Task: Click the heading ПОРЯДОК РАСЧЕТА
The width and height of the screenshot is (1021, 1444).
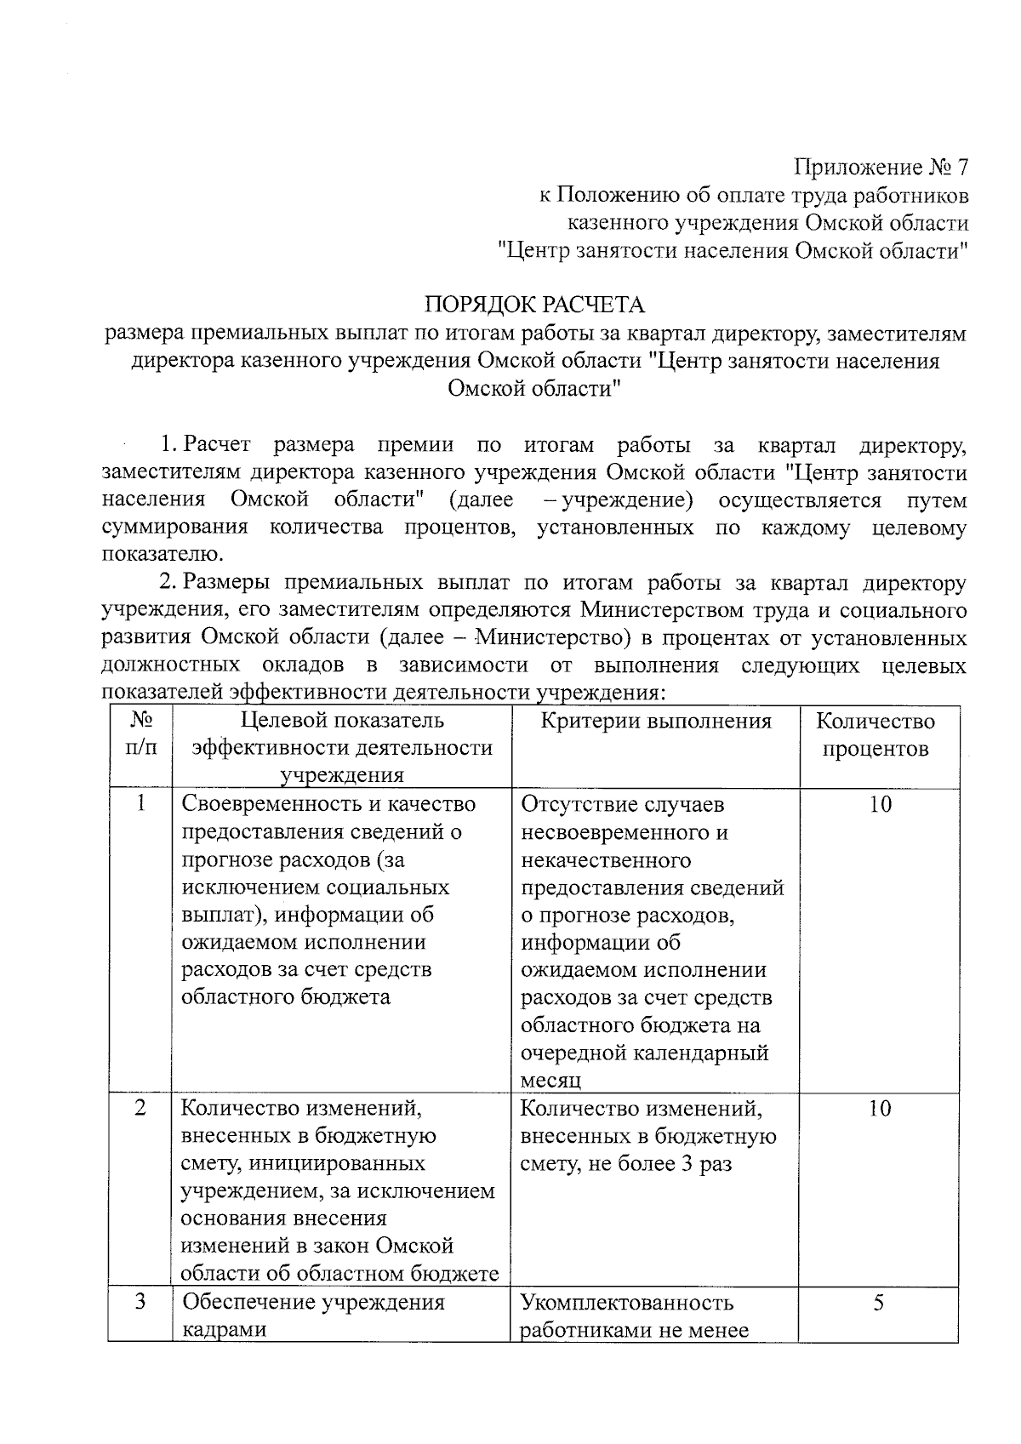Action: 534,304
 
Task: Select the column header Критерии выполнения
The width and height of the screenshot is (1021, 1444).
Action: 656,722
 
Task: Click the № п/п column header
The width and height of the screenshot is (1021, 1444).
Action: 140,734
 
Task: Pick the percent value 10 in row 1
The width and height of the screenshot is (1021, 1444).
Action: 880,804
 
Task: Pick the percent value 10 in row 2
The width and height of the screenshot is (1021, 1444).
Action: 880,1108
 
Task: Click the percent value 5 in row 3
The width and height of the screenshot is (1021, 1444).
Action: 880,1302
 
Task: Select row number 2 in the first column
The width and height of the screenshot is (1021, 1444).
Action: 140,1108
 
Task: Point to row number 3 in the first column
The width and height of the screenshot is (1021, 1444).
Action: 140,1302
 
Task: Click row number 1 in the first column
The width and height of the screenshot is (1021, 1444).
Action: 140,804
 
